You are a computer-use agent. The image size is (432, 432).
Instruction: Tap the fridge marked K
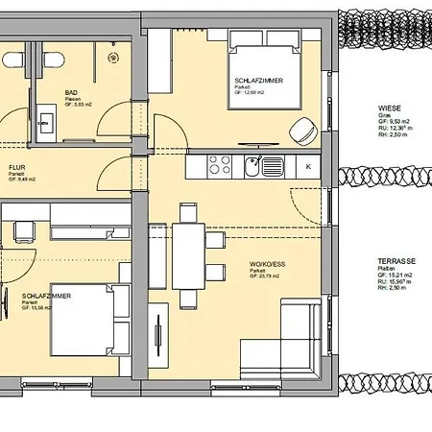(x=307, y=166)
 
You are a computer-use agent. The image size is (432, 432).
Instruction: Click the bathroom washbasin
(x=46, y=122)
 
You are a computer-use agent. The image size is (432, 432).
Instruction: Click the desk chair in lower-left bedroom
(x=21, y=230)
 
